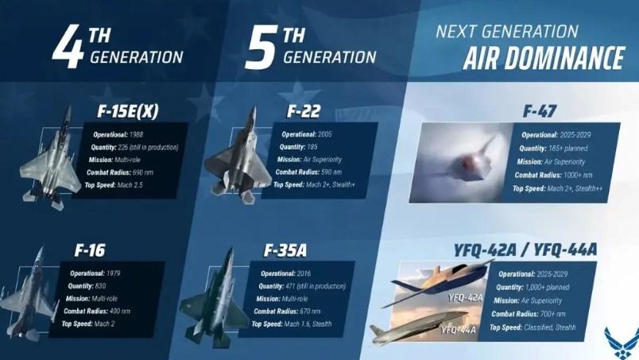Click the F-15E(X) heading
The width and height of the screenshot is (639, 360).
tap(127, 111)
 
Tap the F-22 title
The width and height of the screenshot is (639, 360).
tap(304, 111)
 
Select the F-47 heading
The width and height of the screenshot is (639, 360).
tap(539, 111)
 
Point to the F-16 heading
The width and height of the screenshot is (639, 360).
tap(90, 250)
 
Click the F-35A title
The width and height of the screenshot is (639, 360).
tap(285, 251)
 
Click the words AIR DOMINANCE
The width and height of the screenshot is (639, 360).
tap(544, 58)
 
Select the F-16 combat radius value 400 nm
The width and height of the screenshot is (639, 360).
tap(120, 312)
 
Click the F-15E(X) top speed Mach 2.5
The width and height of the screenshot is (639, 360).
tap(130, 185)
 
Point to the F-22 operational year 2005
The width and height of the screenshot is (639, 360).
tap(325, 134)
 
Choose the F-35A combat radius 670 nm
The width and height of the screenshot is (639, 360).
tap(310, 312)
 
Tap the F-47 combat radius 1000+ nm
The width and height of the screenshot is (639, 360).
tap(578, 176)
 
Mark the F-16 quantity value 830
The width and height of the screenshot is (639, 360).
tap(100, 286)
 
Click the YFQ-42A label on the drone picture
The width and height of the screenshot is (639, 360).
tap(465, 298)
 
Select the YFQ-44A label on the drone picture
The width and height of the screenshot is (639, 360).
tap(458, 330)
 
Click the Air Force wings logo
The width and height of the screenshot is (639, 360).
tap(622, 343)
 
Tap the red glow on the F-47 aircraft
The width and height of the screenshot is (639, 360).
tap(466, 163)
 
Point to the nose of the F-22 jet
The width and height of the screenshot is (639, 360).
tap(254, 109)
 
